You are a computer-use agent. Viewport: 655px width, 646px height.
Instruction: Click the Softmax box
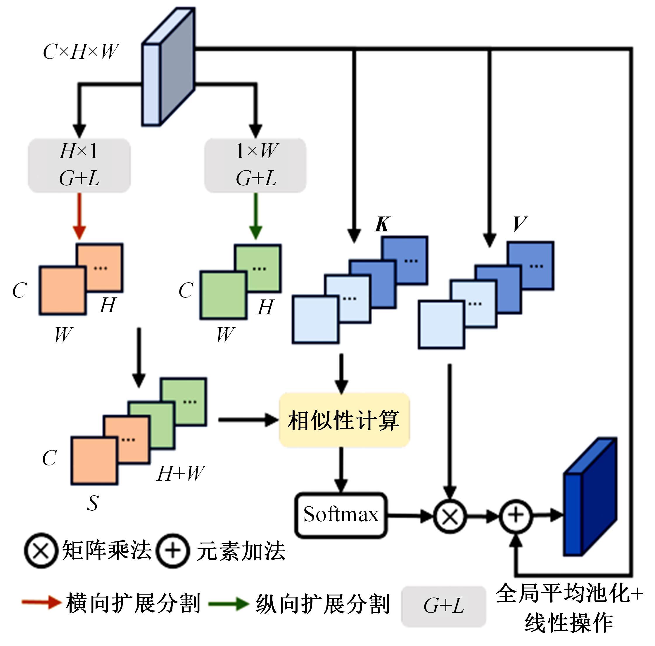[x=341, y=515]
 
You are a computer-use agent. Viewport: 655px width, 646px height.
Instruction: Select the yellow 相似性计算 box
[x=344, y=420]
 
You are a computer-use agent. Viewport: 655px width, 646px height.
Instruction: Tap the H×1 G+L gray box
[x=79, y=165]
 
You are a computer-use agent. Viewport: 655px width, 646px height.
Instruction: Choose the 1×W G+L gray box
[x=255, y=165]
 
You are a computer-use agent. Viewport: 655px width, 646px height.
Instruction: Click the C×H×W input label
[x=81, y=52]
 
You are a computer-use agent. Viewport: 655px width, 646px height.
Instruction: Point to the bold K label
[x=382, y=224]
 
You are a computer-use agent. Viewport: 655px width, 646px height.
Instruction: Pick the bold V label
[x=519, y=224]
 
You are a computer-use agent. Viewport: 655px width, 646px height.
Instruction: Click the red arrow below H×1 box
[x=79, y=216]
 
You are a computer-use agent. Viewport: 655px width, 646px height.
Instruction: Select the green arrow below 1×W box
[x=256, y=216]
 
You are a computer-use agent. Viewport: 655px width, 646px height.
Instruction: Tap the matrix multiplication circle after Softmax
[x=450, y=516]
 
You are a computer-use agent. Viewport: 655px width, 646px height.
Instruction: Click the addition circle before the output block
[x=515, y=516]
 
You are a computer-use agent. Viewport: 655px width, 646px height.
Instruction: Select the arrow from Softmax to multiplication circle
[x=410, y=516]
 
